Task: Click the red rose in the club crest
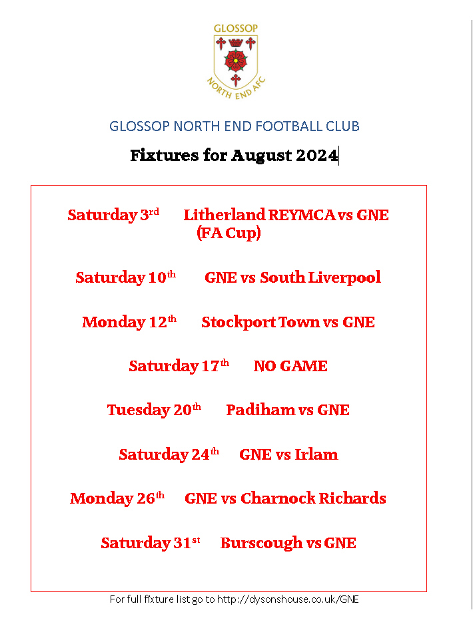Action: pos(236,61)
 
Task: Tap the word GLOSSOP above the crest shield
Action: pos(236,29)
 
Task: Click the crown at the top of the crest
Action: pos(236,42)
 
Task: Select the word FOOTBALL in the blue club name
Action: pos(289,126)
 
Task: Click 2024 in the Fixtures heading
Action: pos(316,155)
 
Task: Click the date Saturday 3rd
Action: pos(113,215)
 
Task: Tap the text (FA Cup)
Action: pos(229,233)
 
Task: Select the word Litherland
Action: pos(224,215)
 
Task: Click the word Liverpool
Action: pos(344,278)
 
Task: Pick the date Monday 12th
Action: pos(129,322)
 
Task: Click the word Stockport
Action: pos(238,323)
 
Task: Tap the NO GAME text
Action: pos(290,366)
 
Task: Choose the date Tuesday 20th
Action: pos(155,410)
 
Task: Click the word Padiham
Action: pos(260,410)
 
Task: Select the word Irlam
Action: pos(316,454)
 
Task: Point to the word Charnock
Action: pos(278,498)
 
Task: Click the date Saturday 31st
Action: pos(151,543)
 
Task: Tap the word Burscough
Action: pos(261,544)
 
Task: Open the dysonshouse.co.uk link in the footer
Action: pos(288,599)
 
